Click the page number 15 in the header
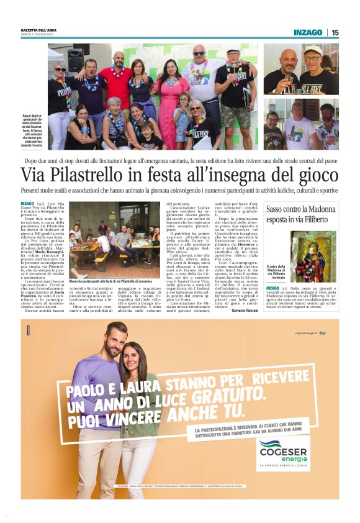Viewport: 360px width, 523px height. [335, 32]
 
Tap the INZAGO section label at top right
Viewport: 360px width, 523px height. [308, 32]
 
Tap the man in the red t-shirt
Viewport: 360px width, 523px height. [116, 84]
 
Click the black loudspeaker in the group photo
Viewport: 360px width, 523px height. [76, 60]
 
